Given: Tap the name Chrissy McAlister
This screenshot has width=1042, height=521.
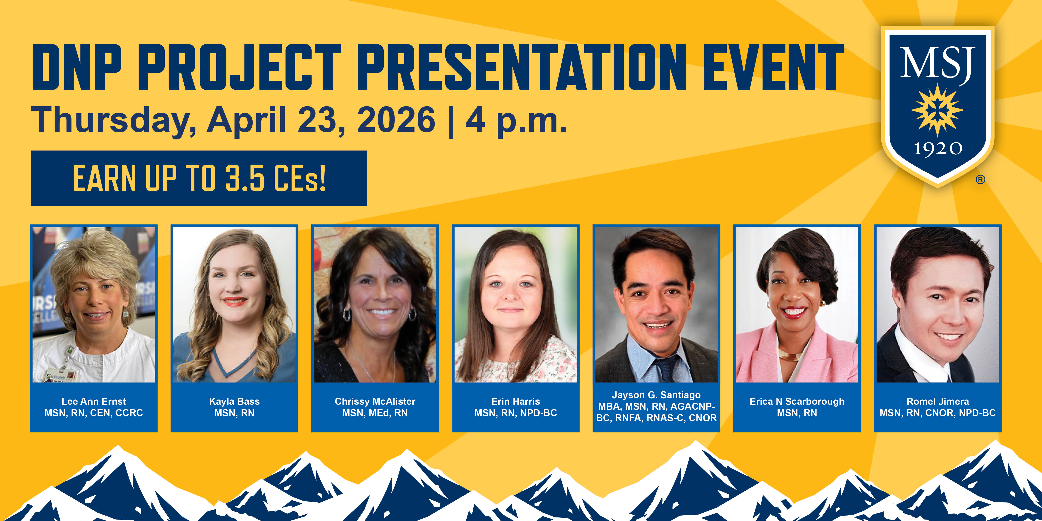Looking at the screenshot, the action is coord(375,401).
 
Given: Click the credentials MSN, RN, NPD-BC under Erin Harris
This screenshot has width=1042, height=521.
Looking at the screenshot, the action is coord(516,413).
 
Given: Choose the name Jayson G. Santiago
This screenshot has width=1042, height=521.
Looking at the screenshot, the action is coord(656,395).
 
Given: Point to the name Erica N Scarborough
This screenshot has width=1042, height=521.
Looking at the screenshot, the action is coord(797,401).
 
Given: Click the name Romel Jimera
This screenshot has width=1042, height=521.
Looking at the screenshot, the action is coord(938,401).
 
